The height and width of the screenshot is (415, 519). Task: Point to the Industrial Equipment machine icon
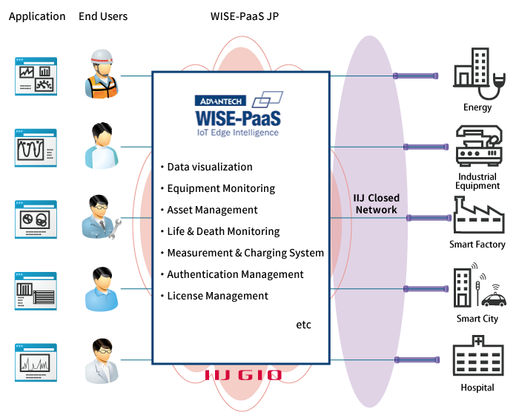coord(477,148)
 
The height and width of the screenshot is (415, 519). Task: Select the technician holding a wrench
coord(100,216)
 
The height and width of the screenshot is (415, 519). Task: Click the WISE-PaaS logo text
coord(238,119)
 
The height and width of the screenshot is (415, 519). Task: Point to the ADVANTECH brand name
coord(220,100)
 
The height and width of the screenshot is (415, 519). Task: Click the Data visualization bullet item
coord(209,167)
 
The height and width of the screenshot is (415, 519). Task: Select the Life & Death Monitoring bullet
coord(222,231)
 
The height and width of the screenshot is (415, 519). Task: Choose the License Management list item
coord(216,296)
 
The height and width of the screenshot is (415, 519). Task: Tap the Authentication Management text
coord(234,274)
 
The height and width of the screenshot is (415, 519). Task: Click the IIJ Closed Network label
coord(377,204)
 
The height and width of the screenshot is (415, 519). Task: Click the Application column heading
coord(37,16)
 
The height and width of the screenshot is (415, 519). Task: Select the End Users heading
coord(103,16)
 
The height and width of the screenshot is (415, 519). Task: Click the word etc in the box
coord(303,325)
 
